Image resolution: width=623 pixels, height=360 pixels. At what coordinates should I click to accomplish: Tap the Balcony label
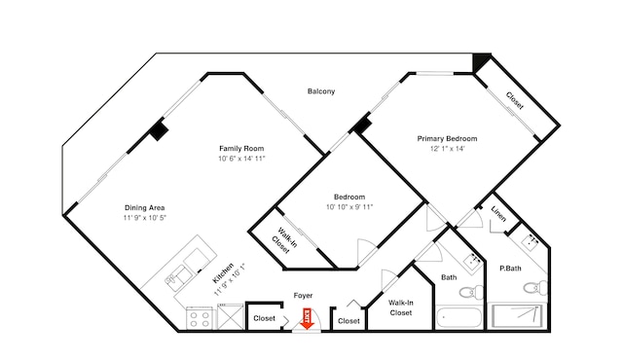(321, 91)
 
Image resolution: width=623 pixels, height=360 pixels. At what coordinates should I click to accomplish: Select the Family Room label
(241, 149)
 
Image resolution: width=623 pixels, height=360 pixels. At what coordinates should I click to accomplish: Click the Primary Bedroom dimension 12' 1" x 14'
(448, 149)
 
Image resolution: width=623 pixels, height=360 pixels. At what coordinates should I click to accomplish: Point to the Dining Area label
(145, 207)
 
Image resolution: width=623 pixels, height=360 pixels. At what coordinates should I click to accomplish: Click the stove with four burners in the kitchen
(200, 318)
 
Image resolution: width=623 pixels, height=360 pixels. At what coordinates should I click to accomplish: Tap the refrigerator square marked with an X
(231, 317)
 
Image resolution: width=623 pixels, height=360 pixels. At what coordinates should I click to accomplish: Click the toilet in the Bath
(471, 292)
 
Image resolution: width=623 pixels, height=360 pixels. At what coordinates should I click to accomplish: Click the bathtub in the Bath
(459, 317)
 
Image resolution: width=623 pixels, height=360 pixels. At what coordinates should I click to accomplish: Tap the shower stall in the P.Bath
(517, 316)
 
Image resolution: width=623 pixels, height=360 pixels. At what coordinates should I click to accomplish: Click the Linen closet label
(498, 214)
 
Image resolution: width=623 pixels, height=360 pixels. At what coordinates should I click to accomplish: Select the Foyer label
(303, 296)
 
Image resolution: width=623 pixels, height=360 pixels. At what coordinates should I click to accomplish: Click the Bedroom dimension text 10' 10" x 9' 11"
(349, 207)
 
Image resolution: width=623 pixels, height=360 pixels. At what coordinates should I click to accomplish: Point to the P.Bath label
(510, 269)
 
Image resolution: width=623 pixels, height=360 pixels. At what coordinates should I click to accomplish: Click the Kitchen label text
(223, 273)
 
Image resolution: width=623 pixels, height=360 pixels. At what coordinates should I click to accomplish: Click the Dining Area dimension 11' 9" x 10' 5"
(145, 218)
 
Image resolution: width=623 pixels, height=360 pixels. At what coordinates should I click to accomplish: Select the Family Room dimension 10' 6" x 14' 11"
(241, 159)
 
